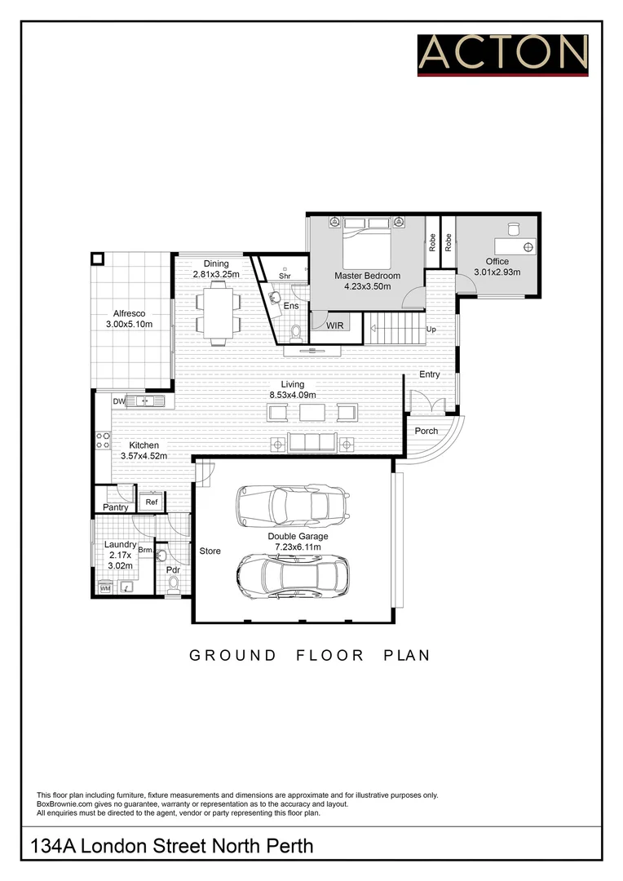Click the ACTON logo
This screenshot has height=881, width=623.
(x=502, y=54)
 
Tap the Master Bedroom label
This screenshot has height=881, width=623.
(x=367, y=276)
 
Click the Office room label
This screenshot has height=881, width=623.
(x=497, y=262)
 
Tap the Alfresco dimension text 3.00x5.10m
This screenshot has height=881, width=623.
(x=129, y=325)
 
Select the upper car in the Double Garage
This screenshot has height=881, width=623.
(x=293, y=507)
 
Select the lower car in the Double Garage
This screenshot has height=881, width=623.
(x=293, y=577)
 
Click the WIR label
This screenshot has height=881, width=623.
(x=335, y=325)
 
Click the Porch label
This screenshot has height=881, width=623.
(x=426, y=431)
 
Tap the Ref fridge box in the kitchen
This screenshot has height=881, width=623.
(x=151, y=502)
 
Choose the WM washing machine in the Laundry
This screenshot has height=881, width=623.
(x=105, y=587)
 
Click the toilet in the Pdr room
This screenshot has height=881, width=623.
(x=173, y=585)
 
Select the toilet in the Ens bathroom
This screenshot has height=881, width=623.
(x=295, y=331)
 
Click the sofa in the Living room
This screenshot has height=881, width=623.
(x=313, y=443)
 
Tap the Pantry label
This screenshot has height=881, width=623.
(x=115, y=507)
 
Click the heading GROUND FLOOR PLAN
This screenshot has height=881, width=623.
(x=310, y=655)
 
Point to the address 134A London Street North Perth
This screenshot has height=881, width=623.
(x=171, y=846)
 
